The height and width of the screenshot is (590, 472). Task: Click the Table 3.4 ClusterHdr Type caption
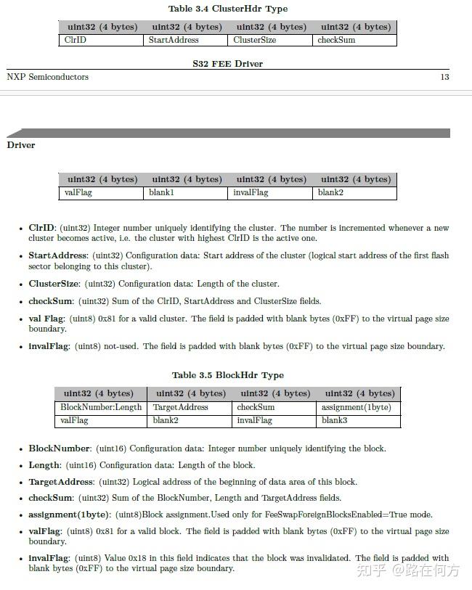click(227, 9)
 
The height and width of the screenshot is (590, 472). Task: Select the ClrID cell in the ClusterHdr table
click(76, 40)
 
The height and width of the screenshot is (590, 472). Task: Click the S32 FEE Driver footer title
click(227, 64)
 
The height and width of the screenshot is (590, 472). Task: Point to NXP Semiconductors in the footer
click(48, 77)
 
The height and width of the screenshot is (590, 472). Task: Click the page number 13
click(444, 77)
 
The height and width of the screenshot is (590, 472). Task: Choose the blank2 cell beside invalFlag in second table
click(330, 193)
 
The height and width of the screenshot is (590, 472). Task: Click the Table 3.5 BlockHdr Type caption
click(227, 375)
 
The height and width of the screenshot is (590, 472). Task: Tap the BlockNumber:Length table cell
click(101, 408)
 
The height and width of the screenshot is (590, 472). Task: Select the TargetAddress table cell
click(181, 408)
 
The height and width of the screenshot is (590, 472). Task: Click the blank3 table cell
click(335, 421)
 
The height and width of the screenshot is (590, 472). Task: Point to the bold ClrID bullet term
click(41, 228)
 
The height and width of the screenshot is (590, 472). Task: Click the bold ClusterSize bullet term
click(54, 284)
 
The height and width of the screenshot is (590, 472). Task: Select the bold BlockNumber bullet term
click(60, 448)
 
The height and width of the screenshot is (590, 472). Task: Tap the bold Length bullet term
click(44, 465)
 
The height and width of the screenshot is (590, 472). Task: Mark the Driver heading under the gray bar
click(21, 145)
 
